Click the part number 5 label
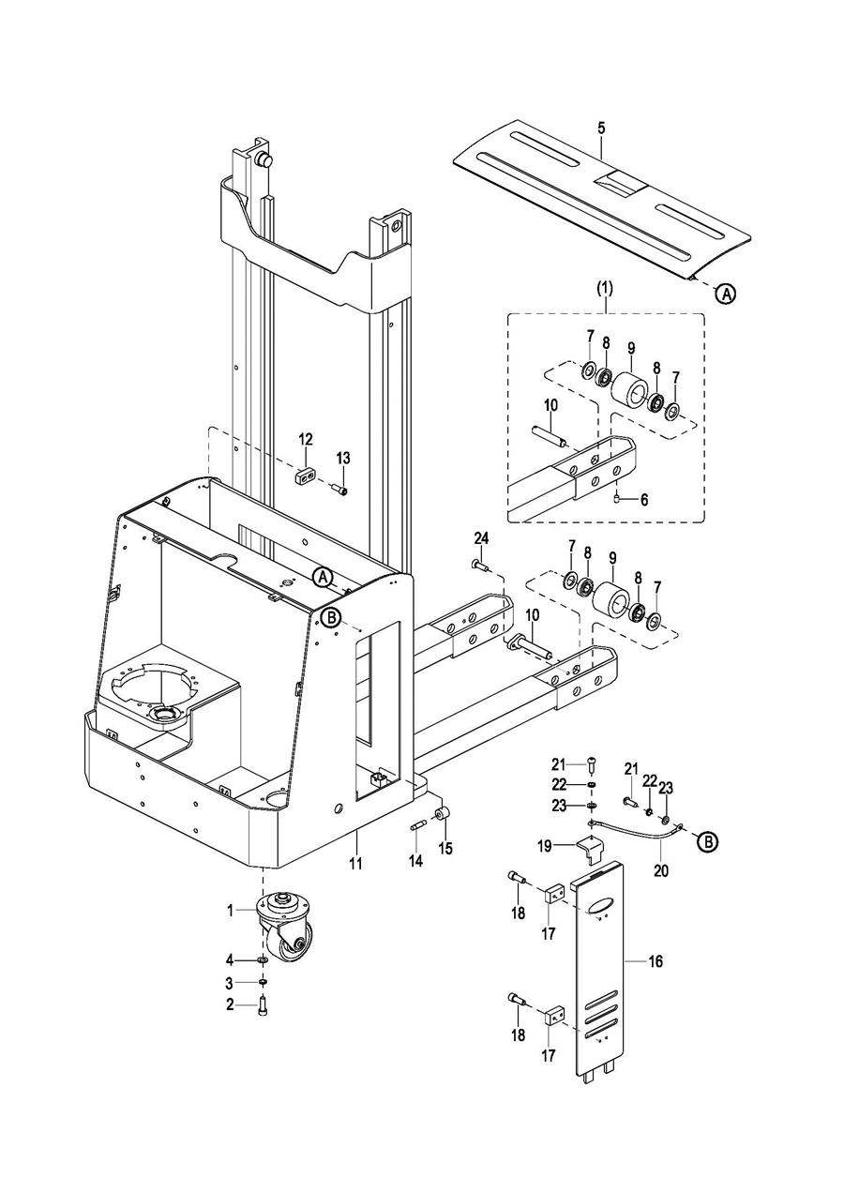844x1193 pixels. (x=601, y=128)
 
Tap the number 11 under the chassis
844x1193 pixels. (x=355, y=863)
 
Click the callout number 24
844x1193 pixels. (x=481, y=538)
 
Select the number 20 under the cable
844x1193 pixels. (x=661, y=870)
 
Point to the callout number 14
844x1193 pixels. (x=415, y=860)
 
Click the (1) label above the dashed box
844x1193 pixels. (x=604, y=289)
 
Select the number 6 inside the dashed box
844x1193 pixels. (x=643, y=500)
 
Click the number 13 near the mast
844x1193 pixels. (x=343, y=458)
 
